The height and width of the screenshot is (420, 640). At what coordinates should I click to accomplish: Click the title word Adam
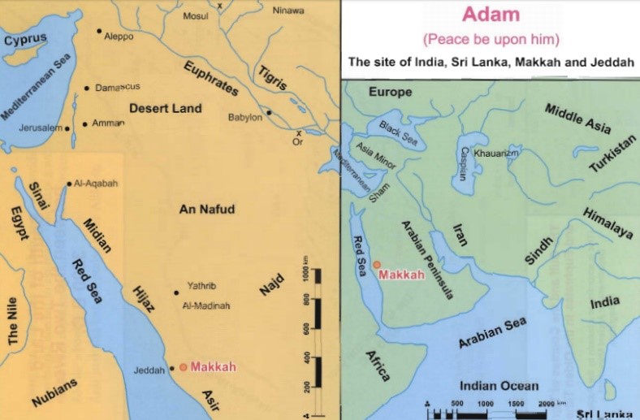[x=489, y=15]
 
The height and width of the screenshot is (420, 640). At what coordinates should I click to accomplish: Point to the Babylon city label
[x=244, y=117]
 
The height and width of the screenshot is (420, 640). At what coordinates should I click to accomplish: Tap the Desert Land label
[x=165, y=108]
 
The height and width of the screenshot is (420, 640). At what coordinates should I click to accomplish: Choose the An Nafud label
[x=206, y=210]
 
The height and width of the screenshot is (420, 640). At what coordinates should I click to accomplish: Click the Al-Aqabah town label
[x=96, y=184]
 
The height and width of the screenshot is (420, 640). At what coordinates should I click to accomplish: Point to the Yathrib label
[x=202, y=285]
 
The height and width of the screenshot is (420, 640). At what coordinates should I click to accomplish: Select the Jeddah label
[x=149, y=371]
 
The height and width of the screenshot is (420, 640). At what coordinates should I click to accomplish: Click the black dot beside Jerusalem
[x=67, y=128]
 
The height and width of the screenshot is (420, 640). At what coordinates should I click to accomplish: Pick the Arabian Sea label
[x=492, y=333]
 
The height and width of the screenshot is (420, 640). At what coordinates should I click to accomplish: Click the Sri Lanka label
[x=603, y=414]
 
